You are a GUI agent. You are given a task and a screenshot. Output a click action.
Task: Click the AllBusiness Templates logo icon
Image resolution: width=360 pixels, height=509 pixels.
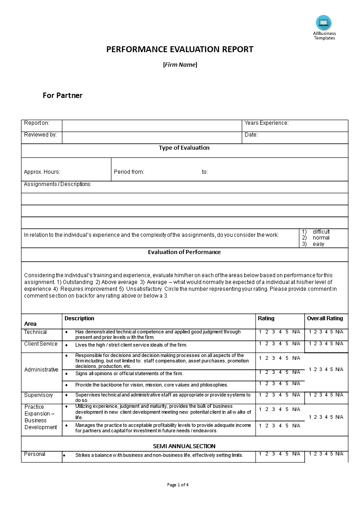[324, 23]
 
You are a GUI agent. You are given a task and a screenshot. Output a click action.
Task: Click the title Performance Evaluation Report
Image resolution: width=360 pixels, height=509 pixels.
[180, 49]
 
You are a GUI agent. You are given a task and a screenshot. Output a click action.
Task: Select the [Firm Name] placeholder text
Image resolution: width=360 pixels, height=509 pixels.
[180, 64]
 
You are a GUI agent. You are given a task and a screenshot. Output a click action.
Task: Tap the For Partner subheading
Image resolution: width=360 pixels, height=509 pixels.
[63, 95]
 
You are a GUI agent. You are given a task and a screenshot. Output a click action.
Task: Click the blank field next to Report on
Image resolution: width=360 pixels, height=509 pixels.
[152, 126]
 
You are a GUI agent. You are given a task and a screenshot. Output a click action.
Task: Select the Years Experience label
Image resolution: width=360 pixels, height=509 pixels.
[266, 123]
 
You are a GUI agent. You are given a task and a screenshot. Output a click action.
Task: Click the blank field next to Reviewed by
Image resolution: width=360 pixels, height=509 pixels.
[152, 137]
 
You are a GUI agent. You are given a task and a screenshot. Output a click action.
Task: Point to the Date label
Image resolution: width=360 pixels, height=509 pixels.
[251, 135]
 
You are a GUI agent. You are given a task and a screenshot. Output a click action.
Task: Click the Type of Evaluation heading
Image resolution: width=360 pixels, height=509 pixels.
[184, 147]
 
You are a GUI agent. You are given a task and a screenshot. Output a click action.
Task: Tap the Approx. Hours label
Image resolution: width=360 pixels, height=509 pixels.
[42, 172]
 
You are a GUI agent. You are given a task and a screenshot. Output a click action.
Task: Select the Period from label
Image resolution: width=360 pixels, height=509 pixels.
[129, 172]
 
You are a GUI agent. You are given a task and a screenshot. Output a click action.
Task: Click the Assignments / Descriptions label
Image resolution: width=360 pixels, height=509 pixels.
[58, 184]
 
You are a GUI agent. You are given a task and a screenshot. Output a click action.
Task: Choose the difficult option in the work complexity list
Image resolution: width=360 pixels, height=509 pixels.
[321, 232]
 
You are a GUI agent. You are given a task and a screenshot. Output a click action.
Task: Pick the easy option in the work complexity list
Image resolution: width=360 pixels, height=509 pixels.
[318, 244]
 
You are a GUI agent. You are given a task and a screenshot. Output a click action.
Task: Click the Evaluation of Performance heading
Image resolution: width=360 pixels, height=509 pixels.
[184, 252]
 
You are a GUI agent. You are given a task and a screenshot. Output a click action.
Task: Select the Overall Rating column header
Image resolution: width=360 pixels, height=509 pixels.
[325, 318]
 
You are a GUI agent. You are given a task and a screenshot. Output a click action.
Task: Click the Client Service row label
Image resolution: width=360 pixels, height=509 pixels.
[41, 344]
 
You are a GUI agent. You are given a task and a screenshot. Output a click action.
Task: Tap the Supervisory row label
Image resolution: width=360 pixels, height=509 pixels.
[39, 395]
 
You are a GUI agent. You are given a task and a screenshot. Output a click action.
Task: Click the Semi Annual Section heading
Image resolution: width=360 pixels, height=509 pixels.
[184, 446]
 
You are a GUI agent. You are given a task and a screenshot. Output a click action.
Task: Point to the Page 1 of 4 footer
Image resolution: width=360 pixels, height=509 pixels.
[178, 485]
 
